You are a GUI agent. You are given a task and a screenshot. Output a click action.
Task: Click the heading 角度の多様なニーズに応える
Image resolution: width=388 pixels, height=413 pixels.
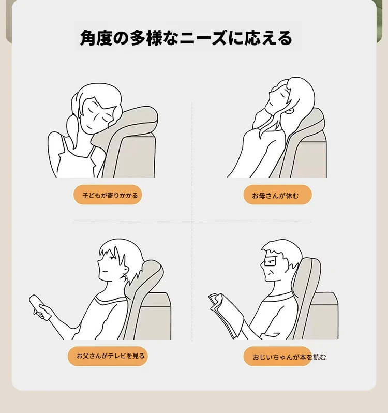pos(186,38)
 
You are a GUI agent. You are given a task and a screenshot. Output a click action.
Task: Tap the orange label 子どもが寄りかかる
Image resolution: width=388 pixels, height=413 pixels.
pos(108,195)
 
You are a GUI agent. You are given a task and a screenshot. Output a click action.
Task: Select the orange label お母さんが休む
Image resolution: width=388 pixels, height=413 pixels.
pos(277,195)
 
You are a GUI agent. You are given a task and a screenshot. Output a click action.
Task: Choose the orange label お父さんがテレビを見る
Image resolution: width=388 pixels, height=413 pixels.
pos(108,356)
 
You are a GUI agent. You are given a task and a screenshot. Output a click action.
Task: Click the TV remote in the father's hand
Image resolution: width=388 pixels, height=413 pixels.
pos(39,307)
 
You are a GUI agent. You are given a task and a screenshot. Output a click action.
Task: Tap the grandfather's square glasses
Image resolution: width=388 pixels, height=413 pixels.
pos(269,262)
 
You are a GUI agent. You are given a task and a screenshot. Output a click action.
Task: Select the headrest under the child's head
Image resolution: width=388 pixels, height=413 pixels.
pos(131,124)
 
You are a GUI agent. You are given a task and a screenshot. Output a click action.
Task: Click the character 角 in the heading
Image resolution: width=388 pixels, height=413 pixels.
pos(88,38)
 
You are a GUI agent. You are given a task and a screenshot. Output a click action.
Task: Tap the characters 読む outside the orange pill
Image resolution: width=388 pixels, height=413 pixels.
pos(320,357)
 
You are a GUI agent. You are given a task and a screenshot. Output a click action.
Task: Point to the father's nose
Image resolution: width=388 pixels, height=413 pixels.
pos(99,261)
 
